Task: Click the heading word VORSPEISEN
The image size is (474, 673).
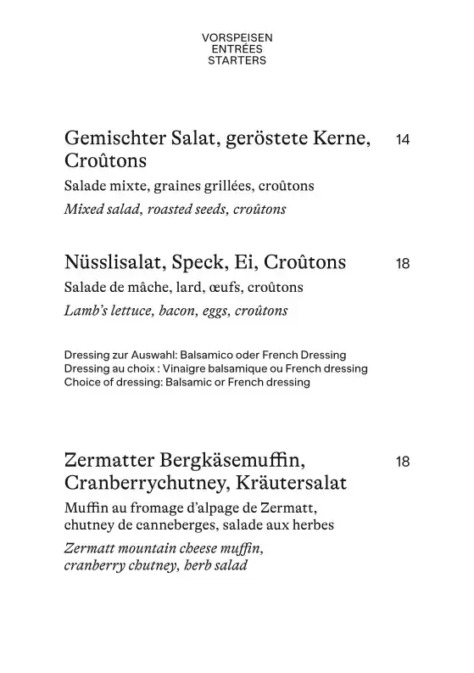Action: [237, 38]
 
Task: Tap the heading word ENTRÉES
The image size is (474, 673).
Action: [237, 49]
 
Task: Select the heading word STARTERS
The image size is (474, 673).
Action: [237, 60]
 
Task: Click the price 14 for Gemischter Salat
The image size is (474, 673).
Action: [403, 140]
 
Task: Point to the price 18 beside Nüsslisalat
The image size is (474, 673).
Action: [403, 264]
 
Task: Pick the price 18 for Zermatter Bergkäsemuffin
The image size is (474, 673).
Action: [403, 463]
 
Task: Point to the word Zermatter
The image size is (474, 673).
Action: [108, 462]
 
